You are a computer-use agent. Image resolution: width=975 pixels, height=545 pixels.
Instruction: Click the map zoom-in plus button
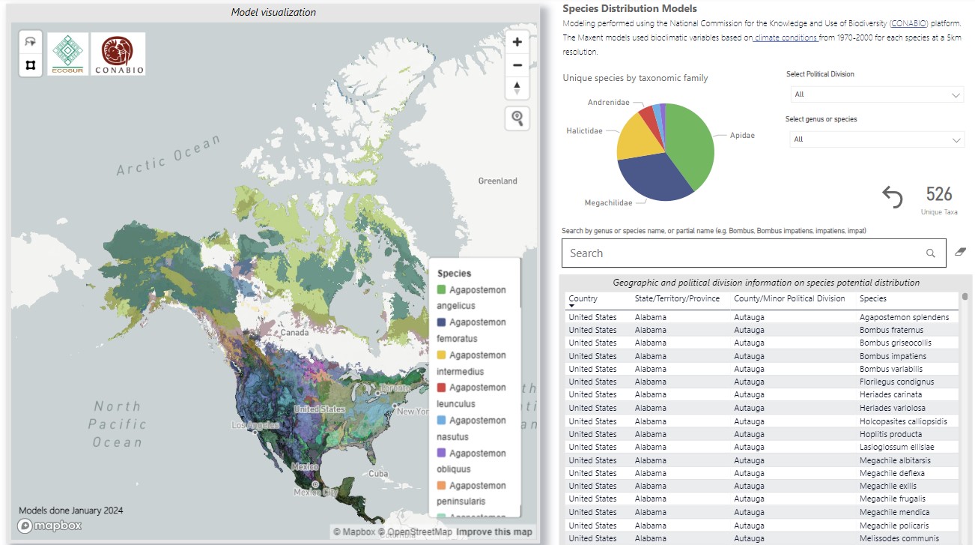517,42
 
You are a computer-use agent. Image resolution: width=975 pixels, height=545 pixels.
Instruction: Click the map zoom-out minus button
517,65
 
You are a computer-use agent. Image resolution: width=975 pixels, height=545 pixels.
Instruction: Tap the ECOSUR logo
68,53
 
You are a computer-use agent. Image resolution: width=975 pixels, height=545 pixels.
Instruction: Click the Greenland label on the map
497,181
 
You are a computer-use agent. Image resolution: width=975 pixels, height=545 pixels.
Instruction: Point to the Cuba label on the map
378,474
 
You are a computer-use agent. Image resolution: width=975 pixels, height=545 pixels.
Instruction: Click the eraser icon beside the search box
960,253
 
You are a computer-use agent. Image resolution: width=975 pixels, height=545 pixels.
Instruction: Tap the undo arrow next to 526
892,197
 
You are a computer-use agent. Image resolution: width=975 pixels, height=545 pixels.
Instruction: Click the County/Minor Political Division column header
789,298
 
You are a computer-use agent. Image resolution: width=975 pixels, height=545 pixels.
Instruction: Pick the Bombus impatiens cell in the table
893,356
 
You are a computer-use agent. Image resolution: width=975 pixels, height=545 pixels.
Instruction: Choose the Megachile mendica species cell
894,512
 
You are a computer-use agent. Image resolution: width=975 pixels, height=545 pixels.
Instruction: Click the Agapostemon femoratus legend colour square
442,322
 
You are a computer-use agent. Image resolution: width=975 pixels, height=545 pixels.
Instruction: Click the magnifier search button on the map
517,118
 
